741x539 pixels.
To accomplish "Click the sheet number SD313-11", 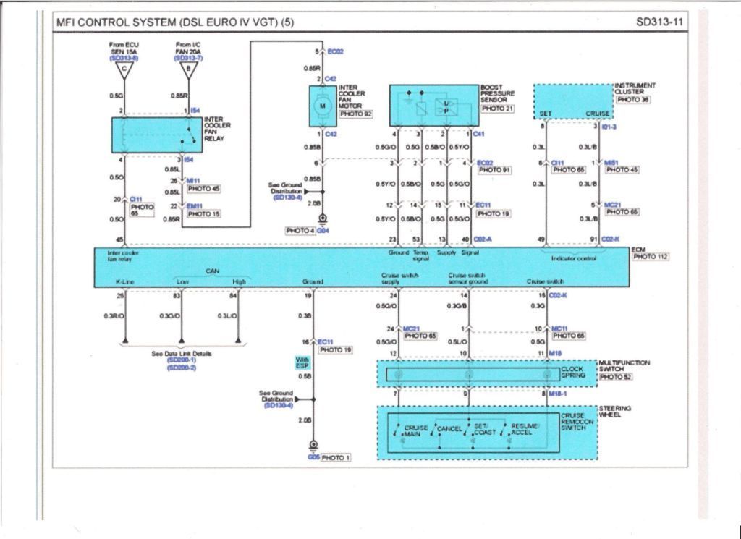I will click(x=659, y=22).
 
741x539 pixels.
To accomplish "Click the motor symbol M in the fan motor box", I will click(x=323, y=106).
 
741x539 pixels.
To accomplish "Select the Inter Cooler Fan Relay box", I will click(x=156, y=135).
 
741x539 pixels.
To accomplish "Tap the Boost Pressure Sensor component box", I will click(x=434, y=106).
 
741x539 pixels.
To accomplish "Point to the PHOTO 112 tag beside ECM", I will click(x=651, y=257).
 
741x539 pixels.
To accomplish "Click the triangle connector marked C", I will click(x=124, y=70).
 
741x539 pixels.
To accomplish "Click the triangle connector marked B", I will click(x=189, y=70).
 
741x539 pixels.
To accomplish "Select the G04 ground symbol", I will click(x=323, y=219).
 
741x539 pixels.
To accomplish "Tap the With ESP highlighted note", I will click(x=302, y=362).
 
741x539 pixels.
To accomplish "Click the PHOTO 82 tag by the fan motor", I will click(x=355, y=114).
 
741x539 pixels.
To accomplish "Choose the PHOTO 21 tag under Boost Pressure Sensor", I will click(x=498, y=109).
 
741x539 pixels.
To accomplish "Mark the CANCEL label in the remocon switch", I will click(x=449, y=429).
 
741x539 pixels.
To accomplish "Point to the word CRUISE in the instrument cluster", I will click(x=597, y=114).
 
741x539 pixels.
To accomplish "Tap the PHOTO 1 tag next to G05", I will click(x=335, y=458).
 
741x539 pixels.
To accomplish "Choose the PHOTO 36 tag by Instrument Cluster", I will click(x=633, y=100).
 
